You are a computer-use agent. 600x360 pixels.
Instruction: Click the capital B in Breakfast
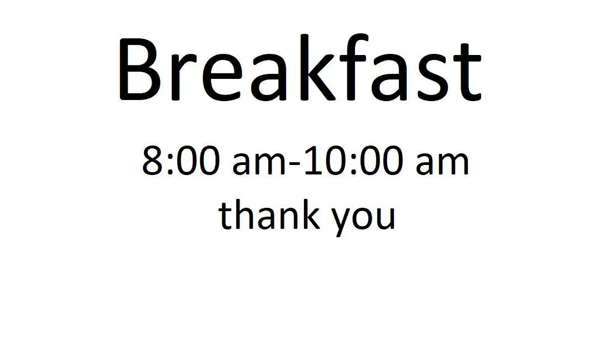140,69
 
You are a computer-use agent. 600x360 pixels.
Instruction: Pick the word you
363,220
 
